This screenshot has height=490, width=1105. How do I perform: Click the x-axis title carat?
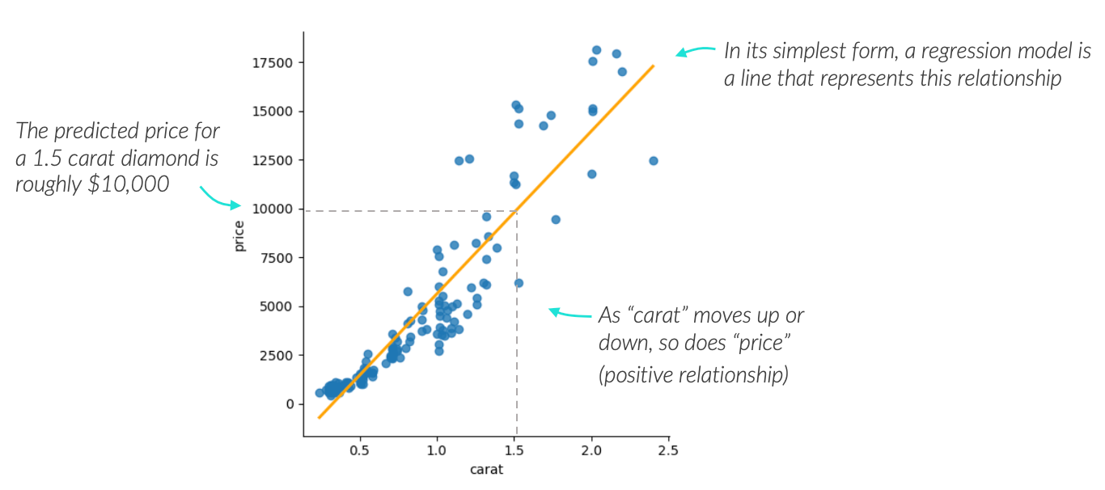click(x=485, y=469)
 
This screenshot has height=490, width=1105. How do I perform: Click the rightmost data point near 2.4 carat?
click(x=654, y=161)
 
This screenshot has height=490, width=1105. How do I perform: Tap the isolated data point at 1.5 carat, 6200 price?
click(x=519, y=283)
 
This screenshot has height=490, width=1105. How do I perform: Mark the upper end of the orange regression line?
click(x=653, y=65)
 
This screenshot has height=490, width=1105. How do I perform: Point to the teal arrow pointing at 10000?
click(x=218, y=198)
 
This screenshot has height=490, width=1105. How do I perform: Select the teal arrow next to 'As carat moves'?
click(x=569, y=314)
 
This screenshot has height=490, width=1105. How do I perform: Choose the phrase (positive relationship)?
click(x=693, y=376)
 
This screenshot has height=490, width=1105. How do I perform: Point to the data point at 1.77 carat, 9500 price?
click(x=556, y=220)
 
